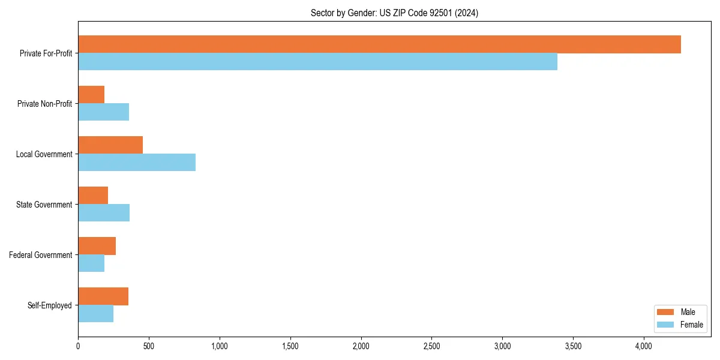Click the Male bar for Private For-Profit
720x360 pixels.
pyautogui.click(x=379, y=44)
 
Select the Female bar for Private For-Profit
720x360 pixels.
pyautogui.click(x=317, y=62)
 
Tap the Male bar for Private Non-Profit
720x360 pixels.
pyautogui.click(x=91, y=95)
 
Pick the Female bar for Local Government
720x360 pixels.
pyautogui.click(x=137, y=163)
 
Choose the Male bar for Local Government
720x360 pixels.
pyautogui.click(x=110, y=145)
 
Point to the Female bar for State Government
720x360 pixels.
pyautogui.click(x=104, y=213)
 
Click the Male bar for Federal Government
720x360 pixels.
pyautogui.click(x=97, y=246)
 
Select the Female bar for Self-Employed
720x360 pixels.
pyautogui.click(x=95, y=314)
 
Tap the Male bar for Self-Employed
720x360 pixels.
pyautogui.click(x=103, y=296)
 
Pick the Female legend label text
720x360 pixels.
pyautogui.click(x=691, y=325)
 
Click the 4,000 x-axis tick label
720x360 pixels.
pyautogui.click(x=644, y=346)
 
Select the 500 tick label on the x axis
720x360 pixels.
pyautogui.click(x=149, y=346)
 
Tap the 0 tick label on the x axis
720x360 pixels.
pyautogui.click(x=78, y=346)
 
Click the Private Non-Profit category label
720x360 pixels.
pyautogui.click(x=44, y=104)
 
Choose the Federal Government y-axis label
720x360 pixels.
pyautogui.click(x=41, y=255)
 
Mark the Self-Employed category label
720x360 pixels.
pyautogui.click(x=50, y=305)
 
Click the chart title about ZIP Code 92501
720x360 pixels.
pyautogui.click(x=394, y=13)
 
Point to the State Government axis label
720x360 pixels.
pyautogui.click(x=44, y=205)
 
